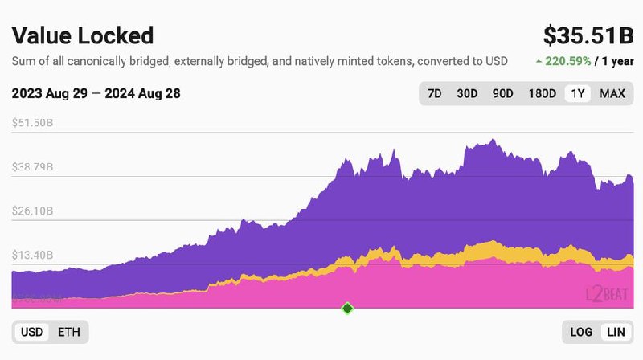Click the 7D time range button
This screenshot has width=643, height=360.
tap(434, 93)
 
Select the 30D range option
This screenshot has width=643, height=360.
tap(467, 93)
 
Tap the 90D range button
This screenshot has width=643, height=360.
tap(502, 93)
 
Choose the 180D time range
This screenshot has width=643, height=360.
tap(542, 93)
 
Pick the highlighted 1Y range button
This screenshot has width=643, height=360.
tap(577, 93)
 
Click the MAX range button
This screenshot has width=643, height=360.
tap(612, 93)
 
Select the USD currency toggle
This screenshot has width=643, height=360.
tap(32, 331)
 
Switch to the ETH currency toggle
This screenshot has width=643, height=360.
tap(69, 331)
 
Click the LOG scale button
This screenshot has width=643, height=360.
tap(581, 331)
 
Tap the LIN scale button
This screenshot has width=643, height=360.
tap(616, 331)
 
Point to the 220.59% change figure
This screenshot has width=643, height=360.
tap(568, 61)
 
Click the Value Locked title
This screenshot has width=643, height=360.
tap(83, 36)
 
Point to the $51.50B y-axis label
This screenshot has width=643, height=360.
tap(33, 123)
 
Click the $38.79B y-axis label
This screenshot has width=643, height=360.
tap(33, 167)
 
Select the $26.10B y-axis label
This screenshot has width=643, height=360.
tap(33, 211)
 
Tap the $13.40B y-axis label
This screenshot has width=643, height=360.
tap(33, 255)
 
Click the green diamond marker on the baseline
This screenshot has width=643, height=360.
tap(347, 308)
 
